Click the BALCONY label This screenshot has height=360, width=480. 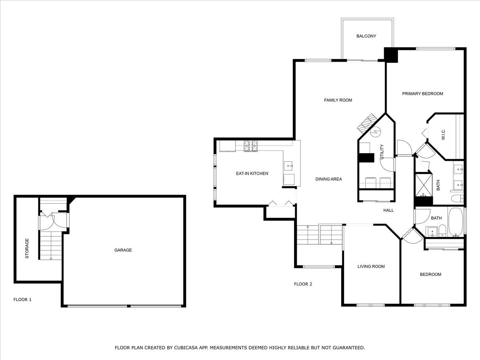pyautogui.click(x=366, y=36)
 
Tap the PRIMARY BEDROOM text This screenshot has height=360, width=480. pyautogui.click(x=422, y=94)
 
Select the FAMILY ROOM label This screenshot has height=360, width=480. pyautogui.click(x=338, y=100)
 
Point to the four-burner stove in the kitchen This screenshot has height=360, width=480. pyautogui.click(x=251, y=146)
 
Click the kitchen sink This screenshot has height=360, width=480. pyautogui.click(x=289, y=164)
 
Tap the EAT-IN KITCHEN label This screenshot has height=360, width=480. pyautogui.click(x=252, y=174)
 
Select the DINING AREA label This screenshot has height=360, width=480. pyautogui.click(x=328, y=179)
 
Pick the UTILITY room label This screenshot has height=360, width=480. pyautogui.click(x=382, y=152)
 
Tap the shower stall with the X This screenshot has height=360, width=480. pyautogui.click(x=424, y=184)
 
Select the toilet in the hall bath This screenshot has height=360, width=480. pyautogui.click(x=442, y=230)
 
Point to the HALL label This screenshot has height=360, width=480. pyautogui.click(x=388, y=210)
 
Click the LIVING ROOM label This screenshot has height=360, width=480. pyautogui.click(x=371, y=266)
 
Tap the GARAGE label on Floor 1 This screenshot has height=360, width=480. pyautogui.click(x=123, y=250)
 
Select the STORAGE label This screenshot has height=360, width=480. pyautogui.click(x=27, y=248)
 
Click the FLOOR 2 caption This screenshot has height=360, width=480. pyautogui.click(x=303, y=284)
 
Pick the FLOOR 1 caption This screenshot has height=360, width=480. pyautogui.click(x=22, y=299)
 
